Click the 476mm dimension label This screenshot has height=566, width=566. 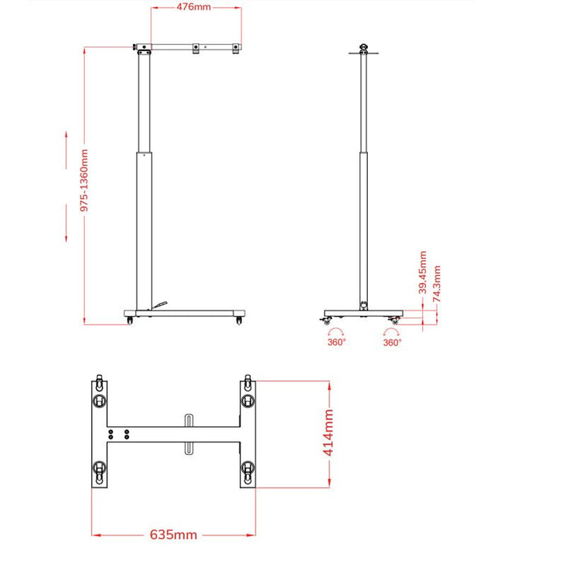pyautogui.click(x=193, y=8)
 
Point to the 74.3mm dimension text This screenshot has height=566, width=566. pyautogui.click(x=438, y=286)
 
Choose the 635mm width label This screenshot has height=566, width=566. pyautogui.click(x=174, y=535)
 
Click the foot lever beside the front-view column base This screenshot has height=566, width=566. pyautogui.click(x=160, y=304)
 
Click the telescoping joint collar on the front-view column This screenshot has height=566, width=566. pyautogui.click(x=144, y=153)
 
